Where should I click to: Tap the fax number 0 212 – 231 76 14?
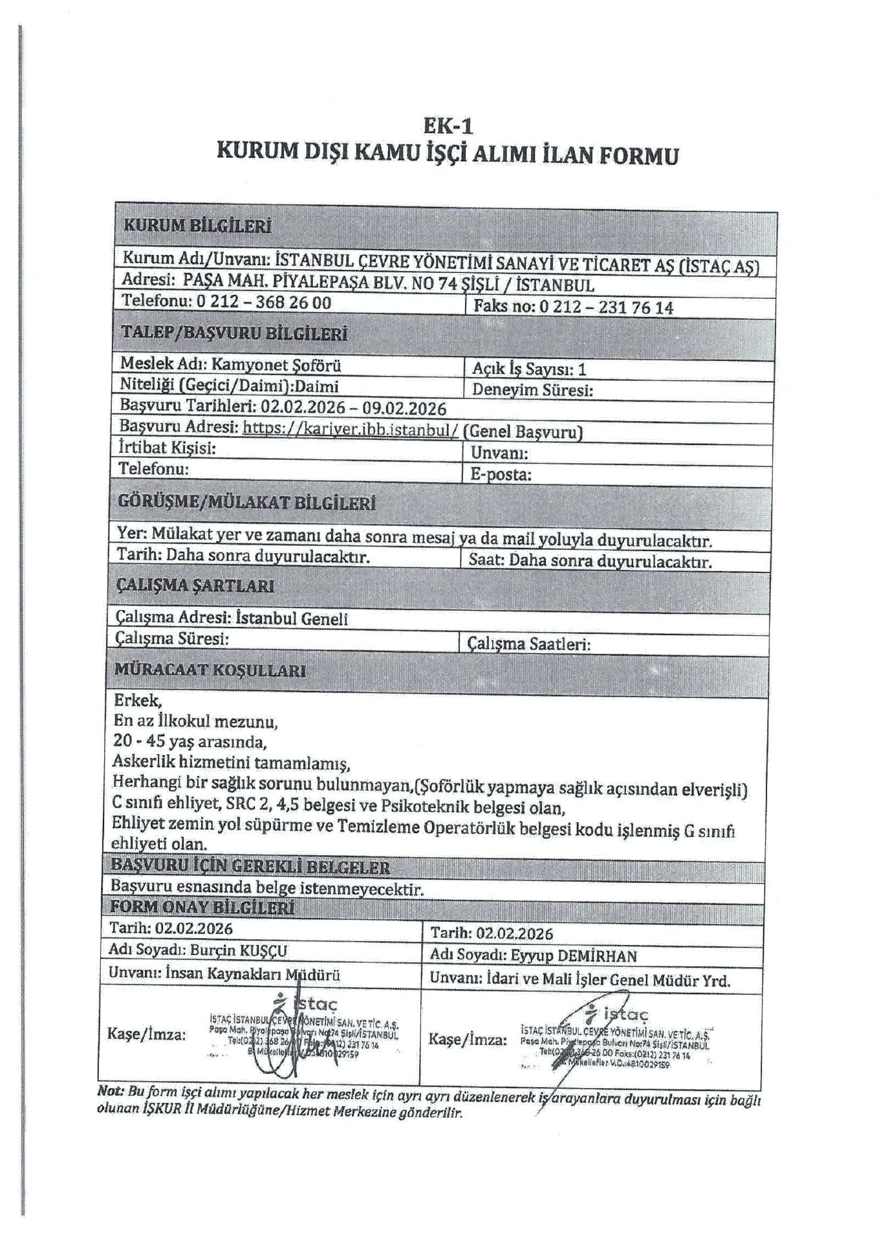click(x=606, y=307)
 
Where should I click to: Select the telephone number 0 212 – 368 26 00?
click(x=263, y=302)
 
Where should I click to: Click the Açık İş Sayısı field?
click(x=529, y=369)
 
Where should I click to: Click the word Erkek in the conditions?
click(x=138, y=700)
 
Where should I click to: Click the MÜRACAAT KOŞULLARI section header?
click(x=210, y=670)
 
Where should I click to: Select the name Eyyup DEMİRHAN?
click(x=574, y=955)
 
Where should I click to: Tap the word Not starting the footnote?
click(x=110, y=1090)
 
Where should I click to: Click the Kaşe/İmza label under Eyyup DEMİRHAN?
click(x=468, y=1040)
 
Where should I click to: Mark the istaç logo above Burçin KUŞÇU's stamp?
click(x=306, y=1004)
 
